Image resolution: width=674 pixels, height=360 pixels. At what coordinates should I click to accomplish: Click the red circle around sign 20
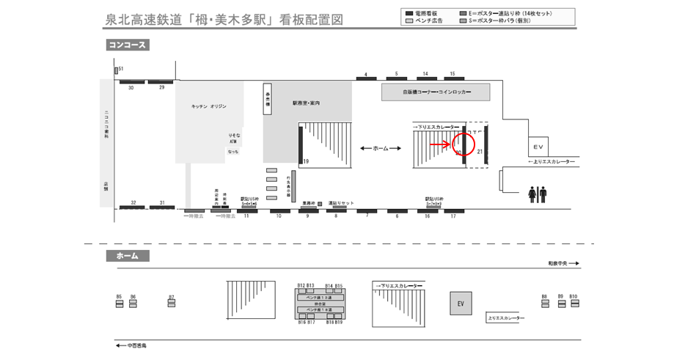tap(463, 144)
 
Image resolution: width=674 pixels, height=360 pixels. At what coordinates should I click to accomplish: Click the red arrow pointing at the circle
tap(439, 144)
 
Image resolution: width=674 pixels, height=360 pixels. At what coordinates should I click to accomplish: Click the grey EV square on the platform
tap(461, 303)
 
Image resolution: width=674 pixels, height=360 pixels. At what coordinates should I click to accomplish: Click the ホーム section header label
tap(128, 256)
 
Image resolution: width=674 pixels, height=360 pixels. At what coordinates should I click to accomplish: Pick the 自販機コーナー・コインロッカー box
tap(436, 92)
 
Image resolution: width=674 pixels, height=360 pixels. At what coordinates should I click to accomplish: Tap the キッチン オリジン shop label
tap(208, 106)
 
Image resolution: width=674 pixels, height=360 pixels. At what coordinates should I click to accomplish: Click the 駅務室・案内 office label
tap(306, 103)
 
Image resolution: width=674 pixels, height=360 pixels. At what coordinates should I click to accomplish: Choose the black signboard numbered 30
tap(131, 81)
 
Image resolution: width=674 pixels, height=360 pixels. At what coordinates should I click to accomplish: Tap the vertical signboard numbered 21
tap(486, 146)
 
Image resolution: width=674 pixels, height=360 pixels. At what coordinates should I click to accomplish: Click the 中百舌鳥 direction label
tap(134, 345)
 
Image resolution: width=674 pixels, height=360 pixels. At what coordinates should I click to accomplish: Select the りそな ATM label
tap(234, 139)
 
